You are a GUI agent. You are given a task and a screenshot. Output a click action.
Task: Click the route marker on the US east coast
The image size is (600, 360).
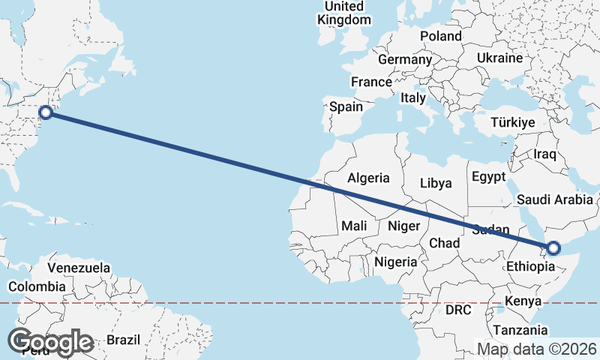point(46,112)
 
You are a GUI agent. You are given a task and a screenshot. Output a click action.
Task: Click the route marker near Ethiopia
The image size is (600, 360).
point(553,248)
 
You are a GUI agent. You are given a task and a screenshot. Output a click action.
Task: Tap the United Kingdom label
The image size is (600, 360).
point(344,13)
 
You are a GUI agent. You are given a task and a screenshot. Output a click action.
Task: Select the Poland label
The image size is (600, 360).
point(441,36)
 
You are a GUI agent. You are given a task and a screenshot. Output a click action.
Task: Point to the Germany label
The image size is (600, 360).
point(405,59)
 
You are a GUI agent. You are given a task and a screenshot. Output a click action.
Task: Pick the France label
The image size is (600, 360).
point(371,82)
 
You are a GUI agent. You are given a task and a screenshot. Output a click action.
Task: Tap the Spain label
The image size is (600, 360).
point(346,106)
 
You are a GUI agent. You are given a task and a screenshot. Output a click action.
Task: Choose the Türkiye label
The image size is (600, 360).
point(512,122)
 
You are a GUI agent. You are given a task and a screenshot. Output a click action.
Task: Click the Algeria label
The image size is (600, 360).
point(368,178)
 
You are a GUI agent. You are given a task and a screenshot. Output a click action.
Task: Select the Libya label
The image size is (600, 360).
point(436,182)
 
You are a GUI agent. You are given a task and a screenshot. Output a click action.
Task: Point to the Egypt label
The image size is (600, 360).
point(490,177)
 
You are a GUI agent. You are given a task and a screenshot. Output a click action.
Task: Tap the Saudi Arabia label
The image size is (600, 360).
point(556,199)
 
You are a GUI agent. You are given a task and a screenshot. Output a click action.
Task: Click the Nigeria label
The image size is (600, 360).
point(395,262)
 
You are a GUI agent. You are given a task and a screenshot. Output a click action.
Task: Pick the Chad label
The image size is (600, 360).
point(444,243)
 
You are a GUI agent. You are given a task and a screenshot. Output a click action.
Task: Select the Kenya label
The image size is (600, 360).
point(523,301)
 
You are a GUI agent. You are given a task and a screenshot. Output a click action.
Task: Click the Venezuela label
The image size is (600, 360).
point(79,268)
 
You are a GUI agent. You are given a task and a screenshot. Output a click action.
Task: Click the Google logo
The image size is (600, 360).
point(50,342)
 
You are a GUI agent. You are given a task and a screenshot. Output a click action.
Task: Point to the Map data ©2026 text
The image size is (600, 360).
point(537,349)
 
